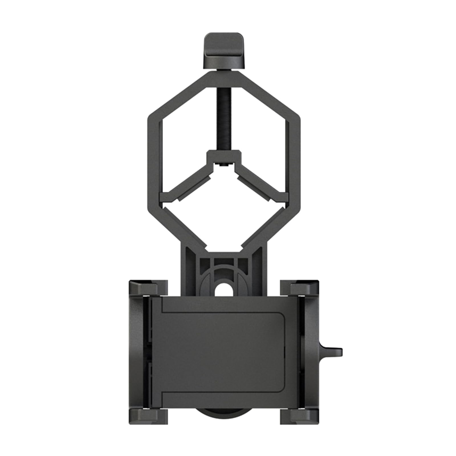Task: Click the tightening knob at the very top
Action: click(223, 50)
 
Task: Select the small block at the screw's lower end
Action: click(224, 156)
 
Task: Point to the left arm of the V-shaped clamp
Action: click(188, 182)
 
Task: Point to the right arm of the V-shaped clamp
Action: click(259, 182)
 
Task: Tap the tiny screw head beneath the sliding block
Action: click(223, 165)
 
